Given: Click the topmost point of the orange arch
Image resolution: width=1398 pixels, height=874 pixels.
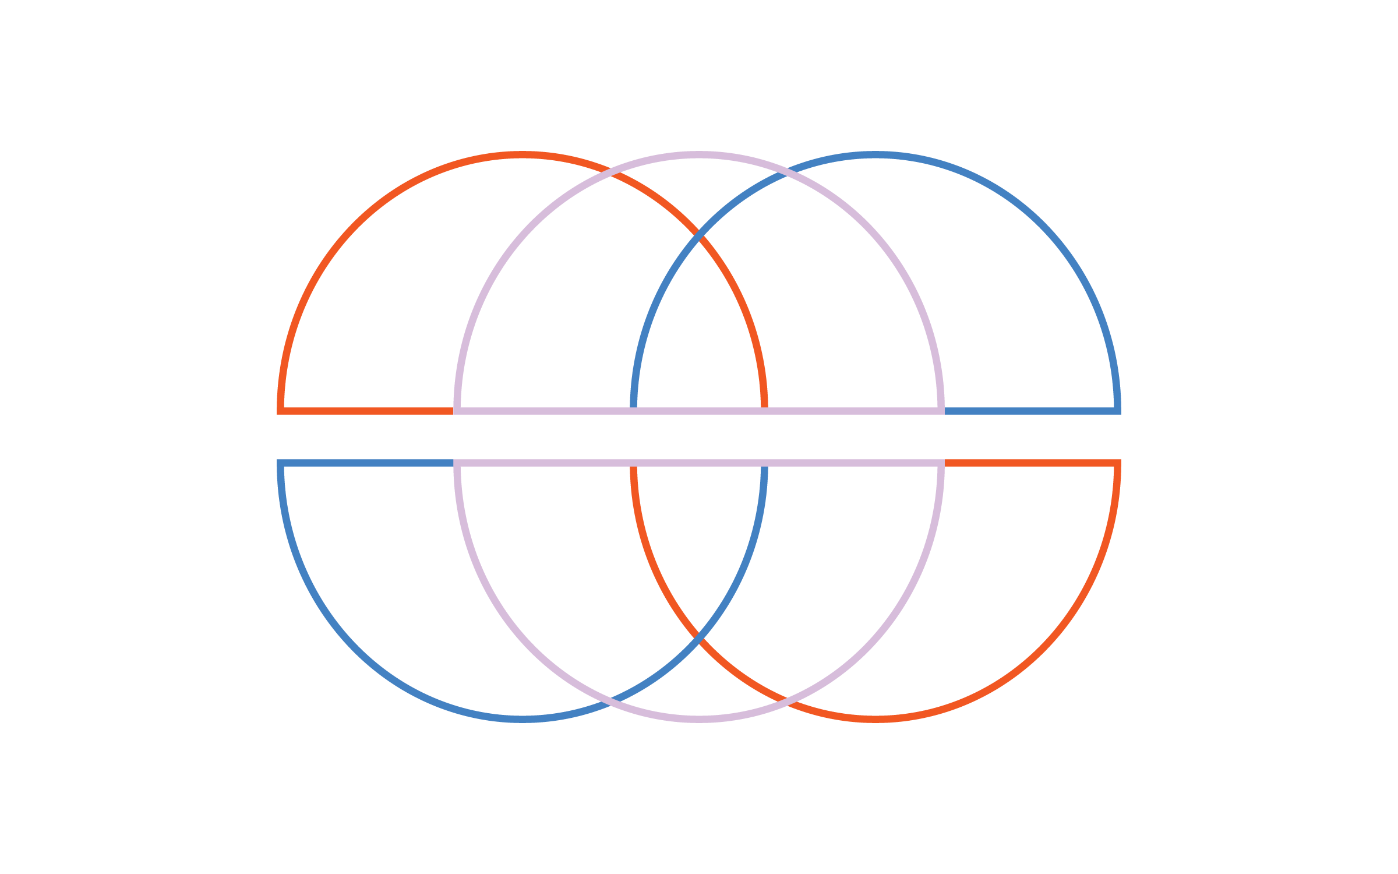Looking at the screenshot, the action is tap(523, 155).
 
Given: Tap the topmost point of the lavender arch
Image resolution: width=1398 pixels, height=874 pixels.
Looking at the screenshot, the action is tap(699, 155).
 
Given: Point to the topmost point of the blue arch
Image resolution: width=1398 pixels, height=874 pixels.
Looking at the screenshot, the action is tap(875, 155).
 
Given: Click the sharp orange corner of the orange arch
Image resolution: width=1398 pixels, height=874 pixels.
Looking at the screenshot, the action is tap(281, 411).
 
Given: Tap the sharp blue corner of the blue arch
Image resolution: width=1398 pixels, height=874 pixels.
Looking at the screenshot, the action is tap(1117, 411).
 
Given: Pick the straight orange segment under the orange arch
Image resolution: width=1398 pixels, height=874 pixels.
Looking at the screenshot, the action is tap(367, 411).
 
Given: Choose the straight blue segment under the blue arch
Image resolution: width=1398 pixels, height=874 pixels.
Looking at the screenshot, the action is tap(1031, 411).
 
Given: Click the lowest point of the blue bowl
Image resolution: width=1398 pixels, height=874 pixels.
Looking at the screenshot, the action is tap(523, 719).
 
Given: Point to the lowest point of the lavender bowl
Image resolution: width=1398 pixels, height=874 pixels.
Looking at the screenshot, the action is tap(699, 719).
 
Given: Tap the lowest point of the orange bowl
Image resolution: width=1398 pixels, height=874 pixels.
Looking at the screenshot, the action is tap(875, 719).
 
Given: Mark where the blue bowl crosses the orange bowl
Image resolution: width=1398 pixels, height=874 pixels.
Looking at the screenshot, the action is tap(699, 639).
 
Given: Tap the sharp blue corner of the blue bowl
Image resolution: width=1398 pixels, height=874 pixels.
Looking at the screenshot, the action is tap(281, 463).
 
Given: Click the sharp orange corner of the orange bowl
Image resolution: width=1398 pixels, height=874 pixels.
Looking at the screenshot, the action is tap(1117, 463).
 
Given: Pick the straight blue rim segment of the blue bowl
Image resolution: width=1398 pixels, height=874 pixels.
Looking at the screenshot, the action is tap(367, 463).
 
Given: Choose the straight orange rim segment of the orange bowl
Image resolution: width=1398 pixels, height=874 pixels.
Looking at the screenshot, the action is tap(1031, 463).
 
